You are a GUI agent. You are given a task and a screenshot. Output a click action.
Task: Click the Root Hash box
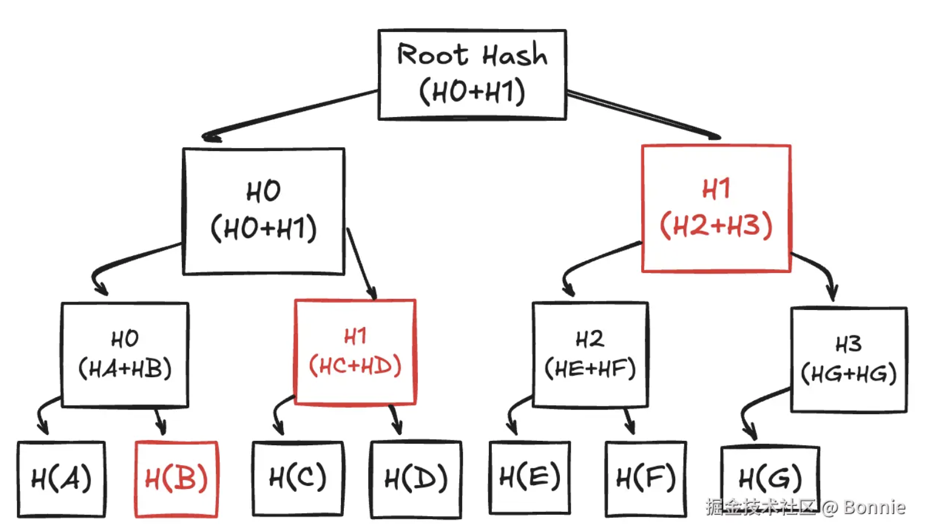pyautogui.click(x=472, y=74)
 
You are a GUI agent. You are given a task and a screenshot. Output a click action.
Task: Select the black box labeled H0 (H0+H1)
pyautogui.click(x=264, y=211)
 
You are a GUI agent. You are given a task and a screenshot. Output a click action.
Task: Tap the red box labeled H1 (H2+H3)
pyautogui.click(x=716, y=208)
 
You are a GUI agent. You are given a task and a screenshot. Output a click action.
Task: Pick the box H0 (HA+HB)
pyautogui.click(x=125, y=354)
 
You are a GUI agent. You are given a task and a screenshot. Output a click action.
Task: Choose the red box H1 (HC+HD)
pyautogui.click(x=355, y=352)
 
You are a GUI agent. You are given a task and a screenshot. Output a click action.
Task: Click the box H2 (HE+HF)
pyautogui.click(x=590, y=354)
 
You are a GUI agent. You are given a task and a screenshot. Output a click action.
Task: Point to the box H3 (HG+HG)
pyautogui.click(x=849, y=360)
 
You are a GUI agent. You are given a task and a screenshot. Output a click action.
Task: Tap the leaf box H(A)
pyautogui.click(x=61, y=479)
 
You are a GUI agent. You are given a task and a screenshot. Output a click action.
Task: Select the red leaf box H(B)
pyautogui.click(x=176, y=479)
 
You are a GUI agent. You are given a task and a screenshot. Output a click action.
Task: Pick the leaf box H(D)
pyautogui.click(x=416, y=479)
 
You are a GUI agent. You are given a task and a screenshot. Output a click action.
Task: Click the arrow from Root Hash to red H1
pyautogui.click(x=643, y=114)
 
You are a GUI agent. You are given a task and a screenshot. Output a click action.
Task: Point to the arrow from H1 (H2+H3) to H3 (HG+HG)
pyautogui.click(x=819, y=270)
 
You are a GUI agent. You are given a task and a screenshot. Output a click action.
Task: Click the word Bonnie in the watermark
pyautogui.click(x=874, y=507)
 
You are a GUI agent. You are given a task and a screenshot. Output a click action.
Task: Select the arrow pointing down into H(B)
pyautogui.click(x=160, y=420)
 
